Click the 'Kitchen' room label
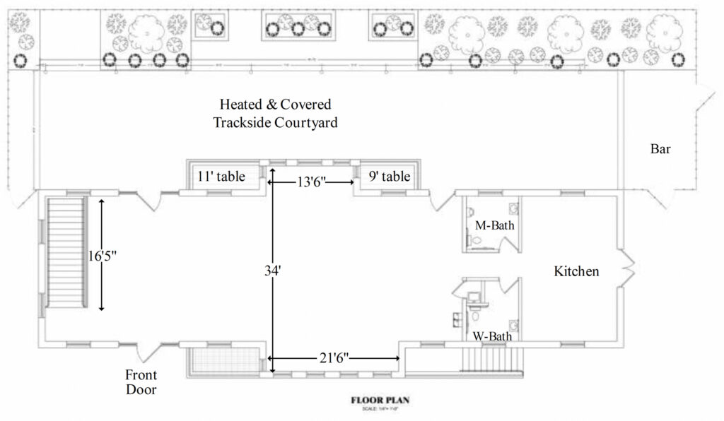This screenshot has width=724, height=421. [576, 271]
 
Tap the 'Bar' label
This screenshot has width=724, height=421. [660, 149]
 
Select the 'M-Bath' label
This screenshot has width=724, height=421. [494, 226]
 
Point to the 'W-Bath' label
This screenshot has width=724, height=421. [492, 337]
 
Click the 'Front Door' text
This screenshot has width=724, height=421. [141, 381]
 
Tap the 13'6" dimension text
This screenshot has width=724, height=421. [310, 182]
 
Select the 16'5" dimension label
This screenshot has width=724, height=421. [102, 256]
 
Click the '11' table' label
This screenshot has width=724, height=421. [221, 177]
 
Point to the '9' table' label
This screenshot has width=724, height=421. [389, 177]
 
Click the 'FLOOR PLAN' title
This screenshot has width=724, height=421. [380, 401]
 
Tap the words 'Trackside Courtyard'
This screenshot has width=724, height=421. [276, 122]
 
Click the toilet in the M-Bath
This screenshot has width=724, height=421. [476, 241]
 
